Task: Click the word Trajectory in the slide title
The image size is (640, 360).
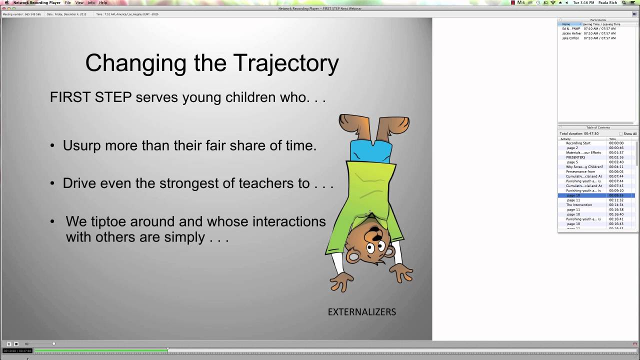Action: point(286,63)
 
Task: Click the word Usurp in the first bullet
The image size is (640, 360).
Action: point(82,145)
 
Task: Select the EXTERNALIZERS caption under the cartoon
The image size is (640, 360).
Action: point(361,312)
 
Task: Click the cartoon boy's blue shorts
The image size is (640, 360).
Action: point(370,150)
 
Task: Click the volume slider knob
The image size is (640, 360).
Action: point(53,343)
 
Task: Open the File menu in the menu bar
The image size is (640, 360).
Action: point(67,2)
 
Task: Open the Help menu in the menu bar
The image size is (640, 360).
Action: point(103,2)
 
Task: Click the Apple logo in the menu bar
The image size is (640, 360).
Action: point(6,2)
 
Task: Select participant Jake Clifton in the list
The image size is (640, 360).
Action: point(570,38)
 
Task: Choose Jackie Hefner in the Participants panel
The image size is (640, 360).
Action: point(571,33)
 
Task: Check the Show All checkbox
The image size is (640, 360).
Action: point(621,133)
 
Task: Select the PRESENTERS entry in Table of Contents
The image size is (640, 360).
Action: point(575,157)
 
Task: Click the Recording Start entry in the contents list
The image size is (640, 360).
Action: point(578,143)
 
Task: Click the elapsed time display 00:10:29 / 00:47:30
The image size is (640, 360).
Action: point(18,350)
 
